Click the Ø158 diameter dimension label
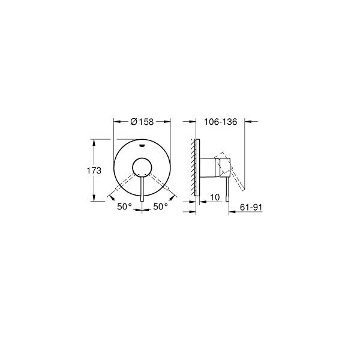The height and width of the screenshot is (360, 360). [x=142, y=122]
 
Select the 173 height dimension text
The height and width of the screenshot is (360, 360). [x=94, y=170]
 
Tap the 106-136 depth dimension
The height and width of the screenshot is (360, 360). [x=221, y=122]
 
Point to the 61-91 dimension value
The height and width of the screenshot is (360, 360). [x=251, y=208]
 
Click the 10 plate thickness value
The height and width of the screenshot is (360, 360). [x=215, y=197]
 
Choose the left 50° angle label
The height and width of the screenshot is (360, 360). [x=124, y=207]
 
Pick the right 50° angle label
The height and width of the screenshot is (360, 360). [x=160, y=206]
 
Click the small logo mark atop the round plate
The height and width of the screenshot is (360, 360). [x=142, y=145]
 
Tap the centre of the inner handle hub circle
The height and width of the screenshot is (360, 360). [x=142, y=167]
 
